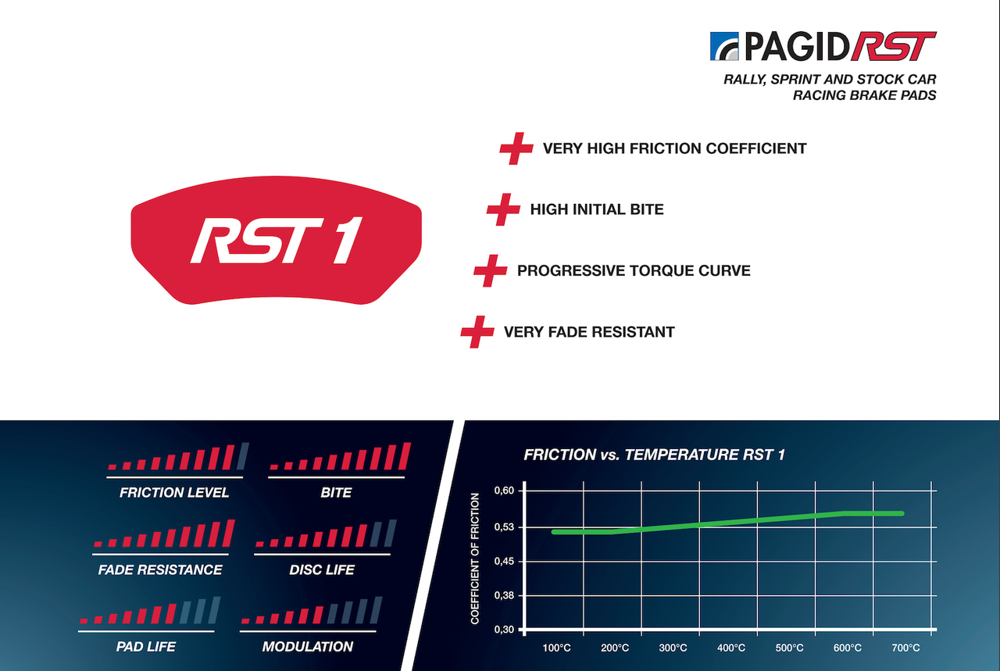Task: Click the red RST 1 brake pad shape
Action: pyautogui.click(x=276, y=240)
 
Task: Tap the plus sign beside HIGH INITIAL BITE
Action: pyautogui.click(x=504, y=209)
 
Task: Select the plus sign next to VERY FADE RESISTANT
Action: pyautogui.click(x=477, y=332)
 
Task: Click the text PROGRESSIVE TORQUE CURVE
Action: pyautogui.click(x=634, y=270)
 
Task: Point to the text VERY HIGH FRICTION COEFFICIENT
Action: pyautogui.click(x=674, y=148)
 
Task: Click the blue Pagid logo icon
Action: pyautogui.click(x=724, y=46)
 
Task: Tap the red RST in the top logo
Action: pyautogui.click(x=893, y=46)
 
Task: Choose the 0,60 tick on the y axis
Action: pyautogui.click(x=504, y=491)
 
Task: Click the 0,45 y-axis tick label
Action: pyautogui.click(x=504, y=561)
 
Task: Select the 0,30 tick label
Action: pyautogui.click(x=504, y=630)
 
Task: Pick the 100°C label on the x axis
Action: pyautogui.click(x=557, y=648)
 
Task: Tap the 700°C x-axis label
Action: pyautogui.click(x=905, y=648)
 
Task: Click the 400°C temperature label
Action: pyautogui.click(x=731, y=648)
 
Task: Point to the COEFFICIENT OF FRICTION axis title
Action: pyautogui.click(x=474, y=559)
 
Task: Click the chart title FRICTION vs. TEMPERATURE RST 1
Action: pyautogui.click(x=654, y=455)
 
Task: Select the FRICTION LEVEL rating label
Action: pyautogui.click(x=174, y=492)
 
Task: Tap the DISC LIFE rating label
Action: pyautogui.click(x=322, y=569)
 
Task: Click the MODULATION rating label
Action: pyautogui.click(x=308, y=647)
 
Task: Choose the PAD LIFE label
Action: pyautogui.click(x=146, y=647)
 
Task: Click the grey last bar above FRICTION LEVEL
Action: pyautogui.click(x=242, y=456)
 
